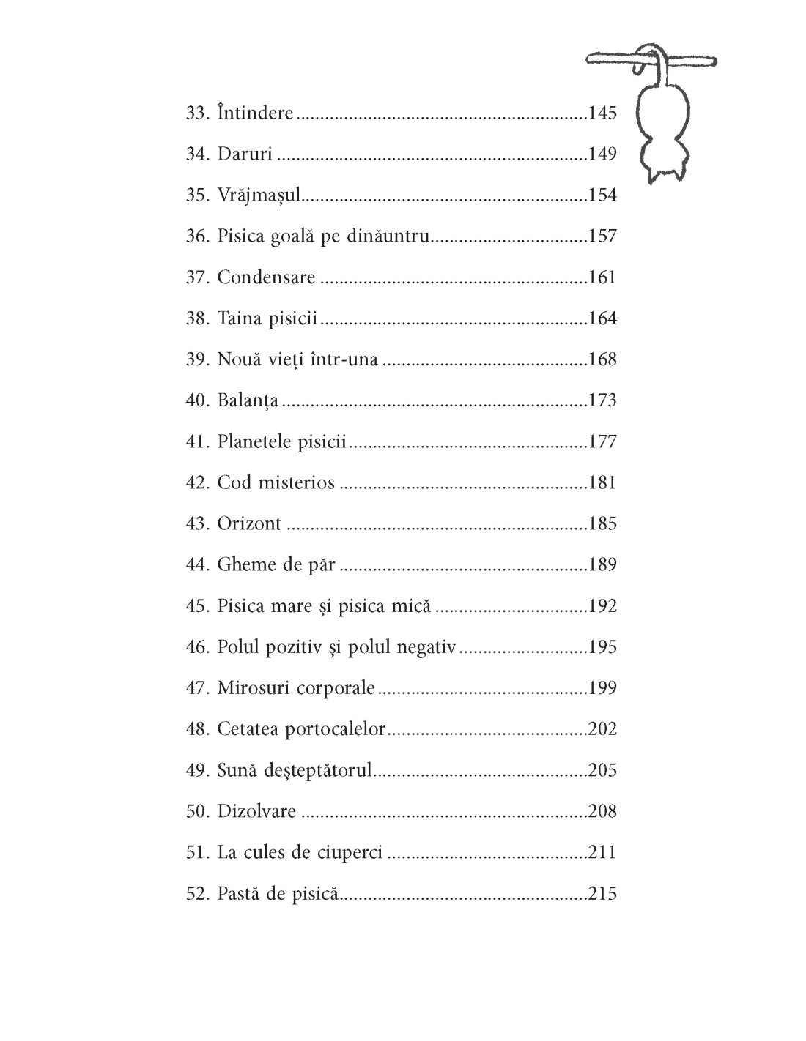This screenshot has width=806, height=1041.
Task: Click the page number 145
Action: pos(602,113)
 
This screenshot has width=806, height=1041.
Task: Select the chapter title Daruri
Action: pos(245,154)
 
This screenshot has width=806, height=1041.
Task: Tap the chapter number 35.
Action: pos(198,195)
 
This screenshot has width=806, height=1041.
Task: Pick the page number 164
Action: pos(602,318)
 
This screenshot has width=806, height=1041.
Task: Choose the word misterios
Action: pos(299,483)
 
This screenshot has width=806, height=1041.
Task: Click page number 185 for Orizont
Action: pos(602,524)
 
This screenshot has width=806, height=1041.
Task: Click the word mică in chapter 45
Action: pos(411,606)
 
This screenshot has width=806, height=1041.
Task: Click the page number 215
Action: pos(602,894)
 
